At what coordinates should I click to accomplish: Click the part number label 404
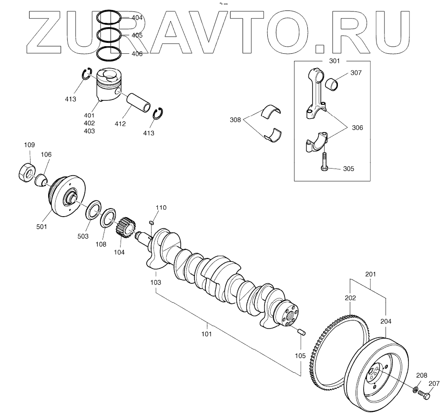(x=137, y=18)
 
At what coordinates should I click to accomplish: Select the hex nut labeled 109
(x=27, y=172)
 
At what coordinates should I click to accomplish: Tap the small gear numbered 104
(x=125, y=228)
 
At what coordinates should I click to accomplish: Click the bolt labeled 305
(x=324, y=161)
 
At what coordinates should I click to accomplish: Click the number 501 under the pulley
(x=41, y=227)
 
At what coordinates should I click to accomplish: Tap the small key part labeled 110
(x=152, y=222)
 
